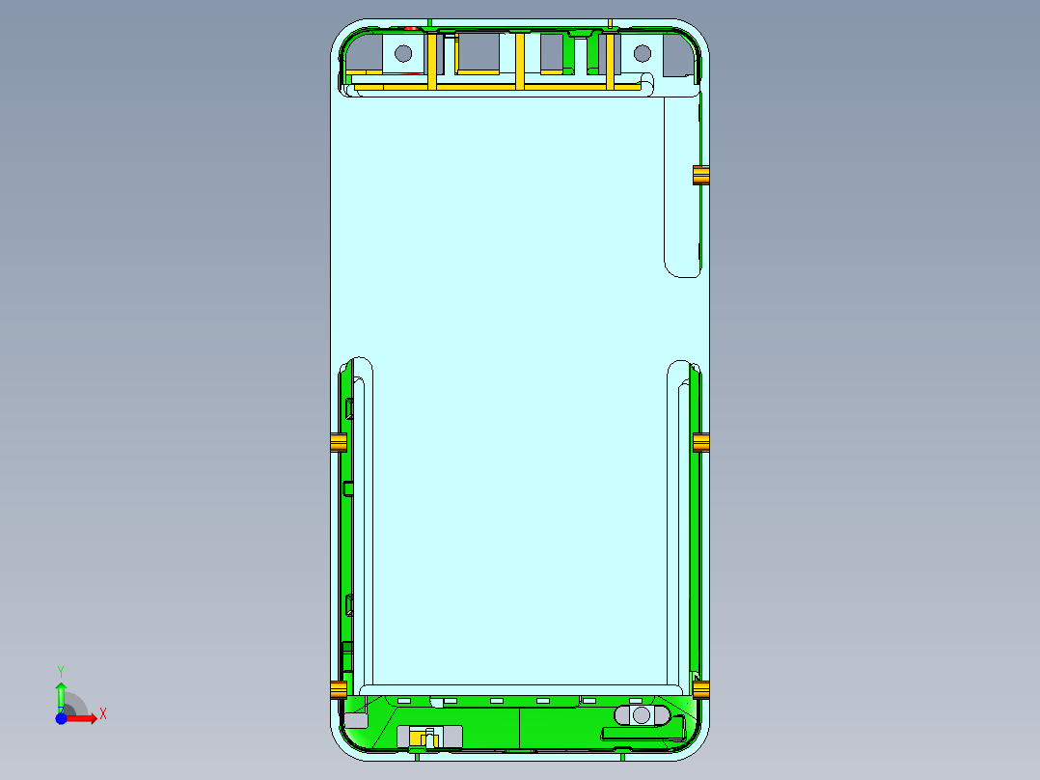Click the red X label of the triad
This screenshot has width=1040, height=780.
pos(102,713)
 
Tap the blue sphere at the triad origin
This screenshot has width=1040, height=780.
pos(61,718)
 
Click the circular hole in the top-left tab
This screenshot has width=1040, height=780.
pos(403,53)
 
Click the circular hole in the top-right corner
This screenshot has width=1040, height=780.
pos(642,53)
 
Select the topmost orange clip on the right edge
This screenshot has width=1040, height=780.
pos(701,175)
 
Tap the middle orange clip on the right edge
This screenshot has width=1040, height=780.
pos(701,443)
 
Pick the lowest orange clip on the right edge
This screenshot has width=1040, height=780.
pos(701,689)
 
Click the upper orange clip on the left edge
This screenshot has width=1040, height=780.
pos(338,443)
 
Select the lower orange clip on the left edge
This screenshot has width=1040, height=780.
pos(338,689)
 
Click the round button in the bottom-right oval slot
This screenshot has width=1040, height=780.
pos(641,715)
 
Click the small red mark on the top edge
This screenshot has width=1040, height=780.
pos(412,26)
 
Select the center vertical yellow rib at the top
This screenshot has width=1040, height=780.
pos(519,60)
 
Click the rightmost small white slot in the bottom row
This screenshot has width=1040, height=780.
pos(635,700)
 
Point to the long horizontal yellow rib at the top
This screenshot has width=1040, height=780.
pos(497,88)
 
